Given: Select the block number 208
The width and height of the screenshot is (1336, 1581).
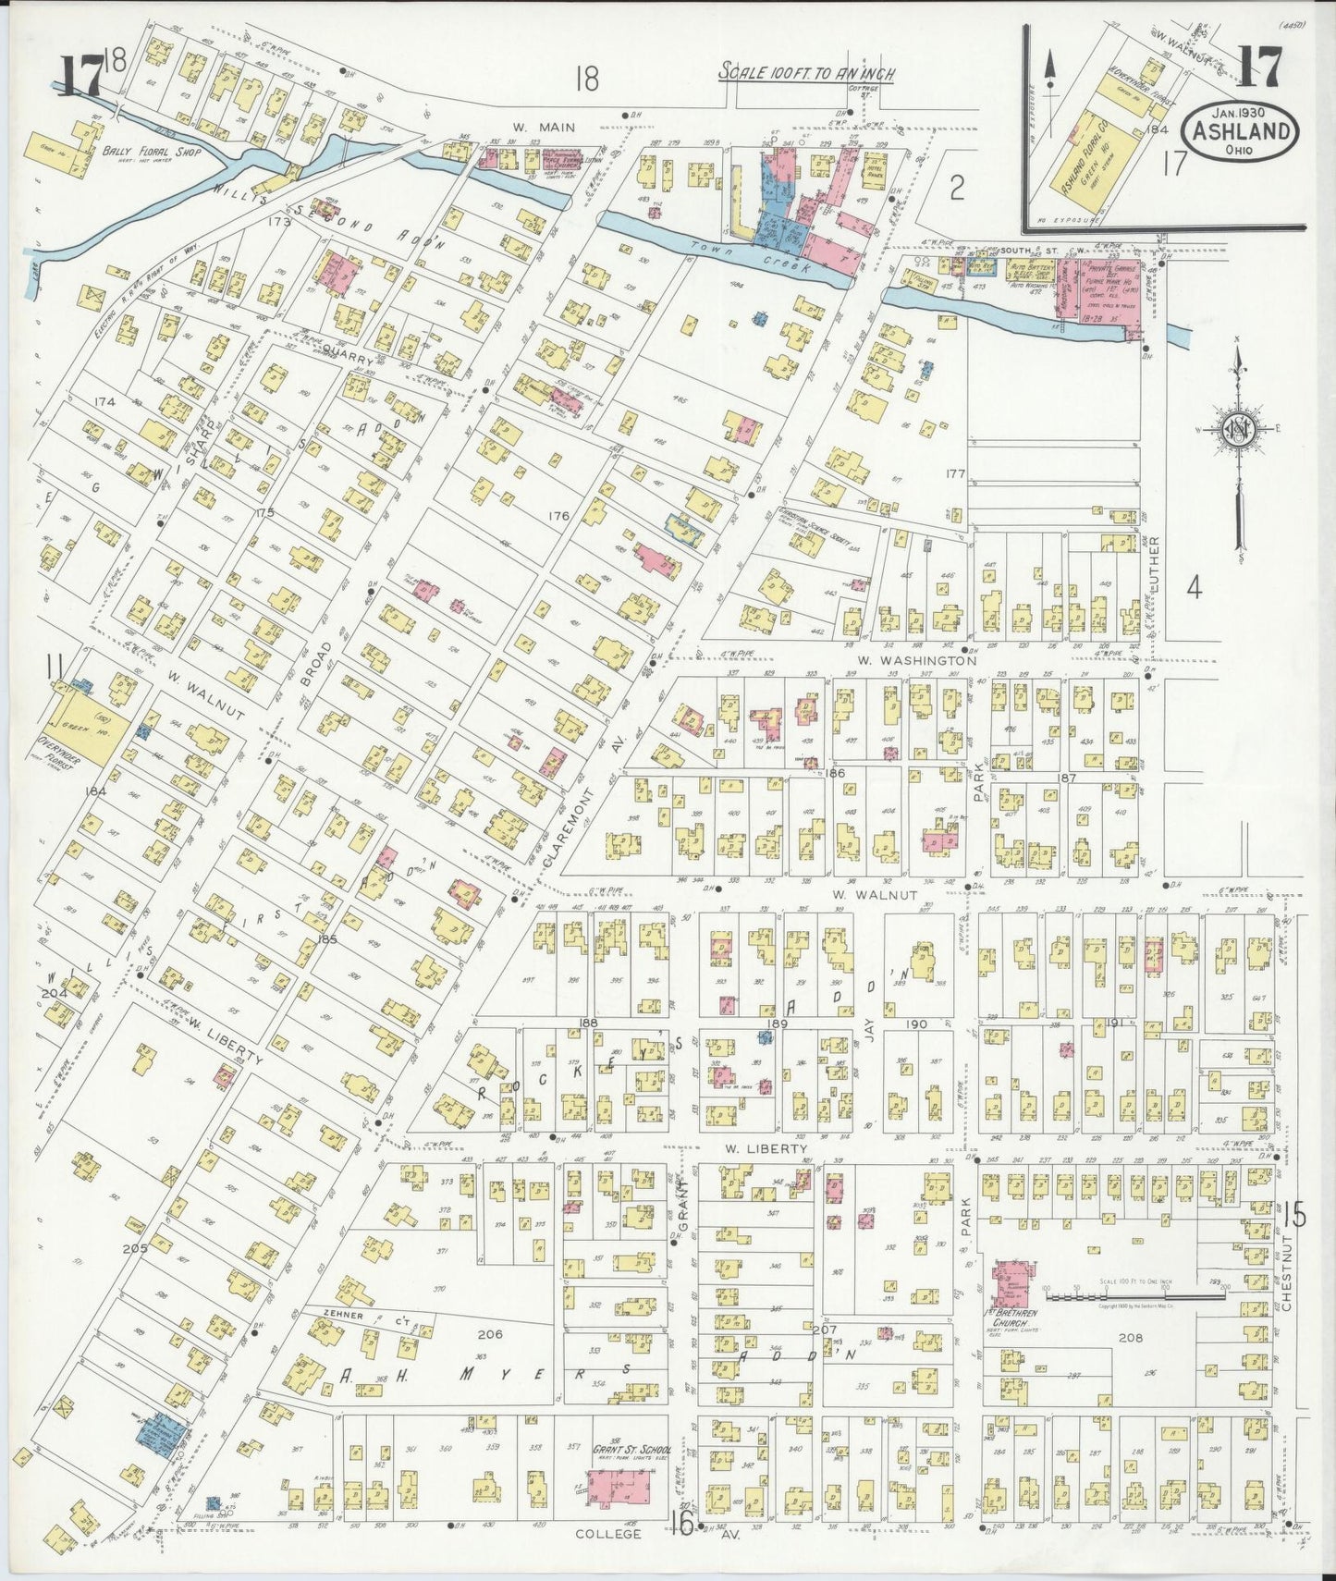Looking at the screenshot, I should click(x=1130, y=1337).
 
